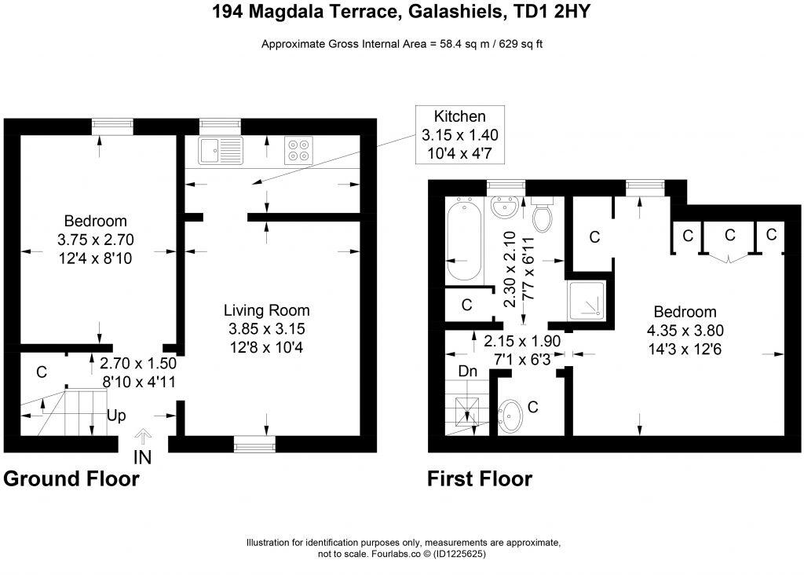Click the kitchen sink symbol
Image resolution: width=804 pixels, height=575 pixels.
point(221,149)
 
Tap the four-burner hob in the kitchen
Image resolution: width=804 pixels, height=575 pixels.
point(298,149)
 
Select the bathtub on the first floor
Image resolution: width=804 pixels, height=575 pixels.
point(465,239)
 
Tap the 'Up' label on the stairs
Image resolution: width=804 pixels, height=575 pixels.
point(116,416)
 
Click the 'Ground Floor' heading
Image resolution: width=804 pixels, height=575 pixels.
point(71,478)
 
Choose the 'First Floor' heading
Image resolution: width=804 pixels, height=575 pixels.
point(480,478)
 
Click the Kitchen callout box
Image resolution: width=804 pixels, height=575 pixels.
point(459,134)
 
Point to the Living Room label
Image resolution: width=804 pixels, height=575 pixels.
point(266,310)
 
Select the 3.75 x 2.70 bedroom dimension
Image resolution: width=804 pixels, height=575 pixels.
point(95,238)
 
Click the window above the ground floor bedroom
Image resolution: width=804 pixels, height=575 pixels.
point(112,126)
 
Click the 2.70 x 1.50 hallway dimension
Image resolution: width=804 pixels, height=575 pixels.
point(138,364)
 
